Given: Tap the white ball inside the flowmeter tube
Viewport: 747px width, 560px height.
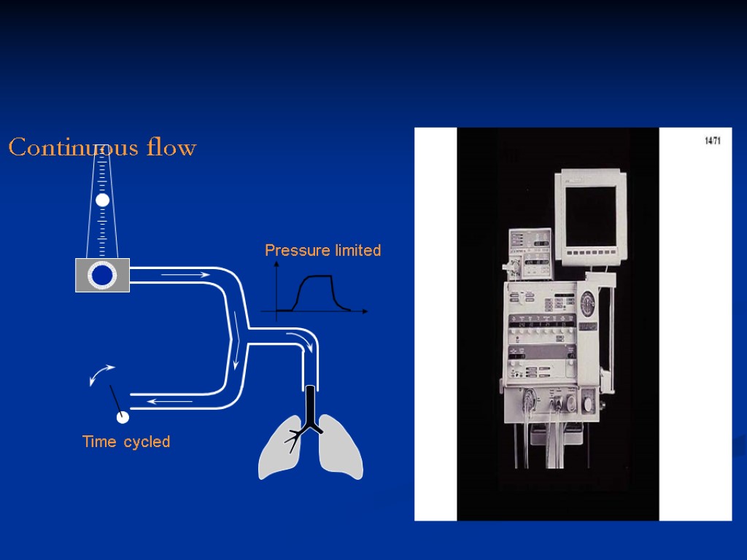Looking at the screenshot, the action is point(102,199).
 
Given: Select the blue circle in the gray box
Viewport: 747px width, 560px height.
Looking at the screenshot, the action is point(102,275).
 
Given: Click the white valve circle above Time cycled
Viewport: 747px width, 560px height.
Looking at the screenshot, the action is point(123,417).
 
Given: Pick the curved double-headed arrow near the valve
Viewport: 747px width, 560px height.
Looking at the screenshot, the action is point(101,374).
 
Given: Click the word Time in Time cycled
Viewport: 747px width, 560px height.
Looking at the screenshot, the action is point(98,442).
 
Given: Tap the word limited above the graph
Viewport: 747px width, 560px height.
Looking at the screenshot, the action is point(357,251).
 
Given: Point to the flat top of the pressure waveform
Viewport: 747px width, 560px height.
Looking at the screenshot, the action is point(318,276).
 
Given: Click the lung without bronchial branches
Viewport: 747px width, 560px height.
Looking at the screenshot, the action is point(341,446).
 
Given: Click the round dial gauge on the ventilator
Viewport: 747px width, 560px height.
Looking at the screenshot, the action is point(588,303).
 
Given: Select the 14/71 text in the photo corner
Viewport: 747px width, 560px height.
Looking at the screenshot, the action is point(713,141).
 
